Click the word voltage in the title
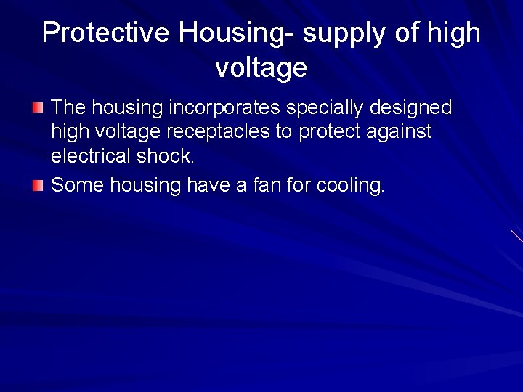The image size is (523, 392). (x=261, y=68)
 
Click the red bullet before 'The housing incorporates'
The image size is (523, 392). (x=38, y=108)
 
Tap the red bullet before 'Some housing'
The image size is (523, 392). (x=38, y=186)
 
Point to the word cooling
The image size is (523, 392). (x=349, y=186)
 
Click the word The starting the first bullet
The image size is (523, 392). (x=68, y=108)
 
